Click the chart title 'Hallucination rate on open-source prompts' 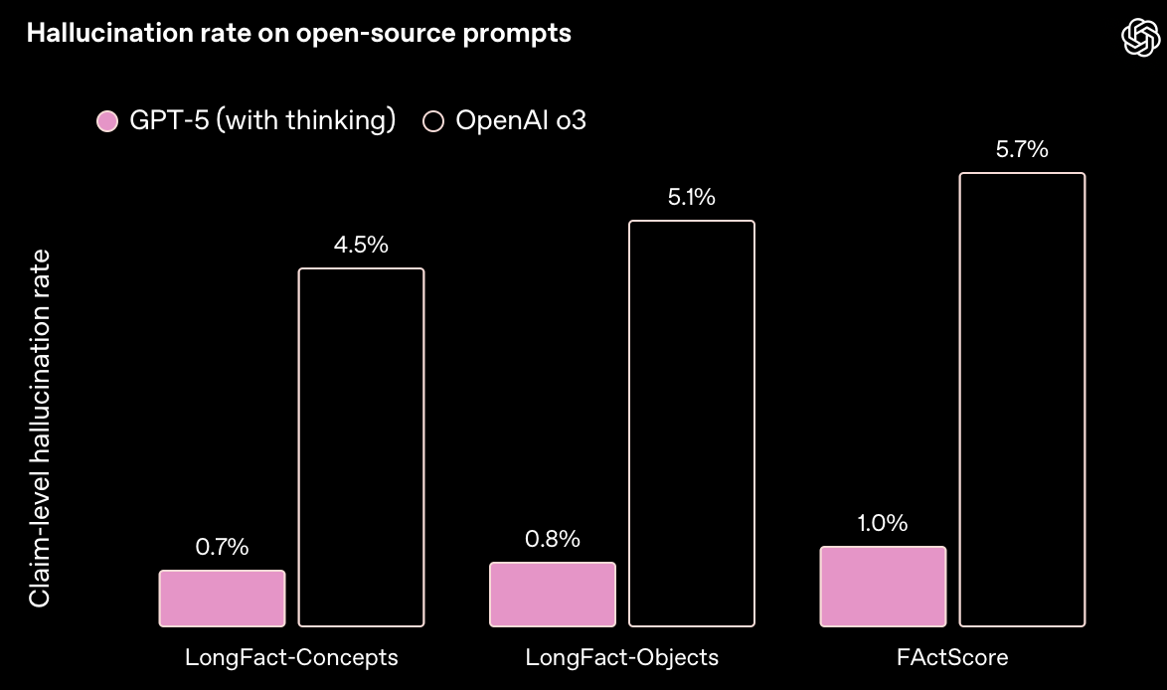(x=298, y=33)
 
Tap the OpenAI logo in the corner (x=1141, y=39)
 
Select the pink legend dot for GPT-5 (x=107, y=121)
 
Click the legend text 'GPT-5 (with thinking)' (x=262, y=121)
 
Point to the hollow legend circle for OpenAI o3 (x=433, y=121)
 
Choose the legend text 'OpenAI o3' (x=521, y=121)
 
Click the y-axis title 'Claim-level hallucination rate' (x=39, y=428)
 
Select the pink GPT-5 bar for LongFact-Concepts (x=222, y=599)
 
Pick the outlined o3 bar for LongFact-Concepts (x=362, y=447)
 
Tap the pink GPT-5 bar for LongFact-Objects (x=553, y=595)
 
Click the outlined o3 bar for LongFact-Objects (x=692, y=424)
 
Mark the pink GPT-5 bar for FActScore (x=883, y=587)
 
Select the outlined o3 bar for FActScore (x=1022, y=400)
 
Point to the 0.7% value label (x=222, y=547)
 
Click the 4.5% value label (x=362, y=245)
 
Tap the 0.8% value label (x=553, y=539)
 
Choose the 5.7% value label (x=1022, y=150)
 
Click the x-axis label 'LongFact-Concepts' (x=291, y=658)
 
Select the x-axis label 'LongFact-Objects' (x=621, y=658)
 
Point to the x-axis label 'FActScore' (x=952, y=658)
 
